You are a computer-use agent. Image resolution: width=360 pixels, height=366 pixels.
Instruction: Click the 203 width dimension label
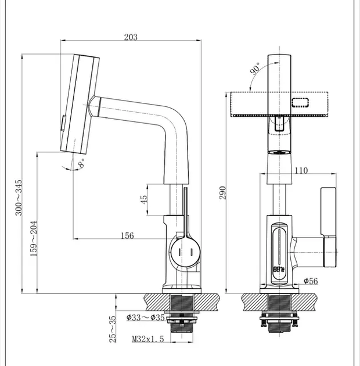point(131,37)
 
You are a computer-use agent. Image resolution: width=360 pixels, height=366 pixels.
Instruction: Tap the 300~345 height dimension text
point(19,198)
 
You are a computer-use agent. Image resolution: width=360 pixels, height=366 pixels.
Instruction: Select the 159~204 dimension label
point(34,239)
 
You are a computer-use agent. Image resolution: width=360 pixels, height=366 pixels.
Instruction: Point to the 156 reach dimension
point(127,235)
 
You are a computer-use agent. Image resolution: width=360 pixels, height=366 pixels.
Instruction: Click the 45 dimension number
point(144,199)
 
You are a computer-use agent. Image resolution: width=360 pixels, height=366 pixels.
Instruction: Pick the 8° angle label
point(82,163)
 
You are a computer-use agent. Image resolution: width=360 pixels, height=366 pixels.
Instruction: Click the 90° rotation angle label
point(255,68)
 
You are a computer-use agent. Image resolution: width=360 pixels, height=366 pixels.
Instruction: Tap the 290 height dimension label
point(223,193)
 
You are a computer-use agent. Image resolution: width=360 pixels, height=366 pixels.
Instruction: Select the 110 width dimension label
point(301,170)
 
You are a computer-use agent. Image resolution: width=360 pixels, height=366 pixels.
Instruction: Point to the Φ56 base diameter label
point(311,281)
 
